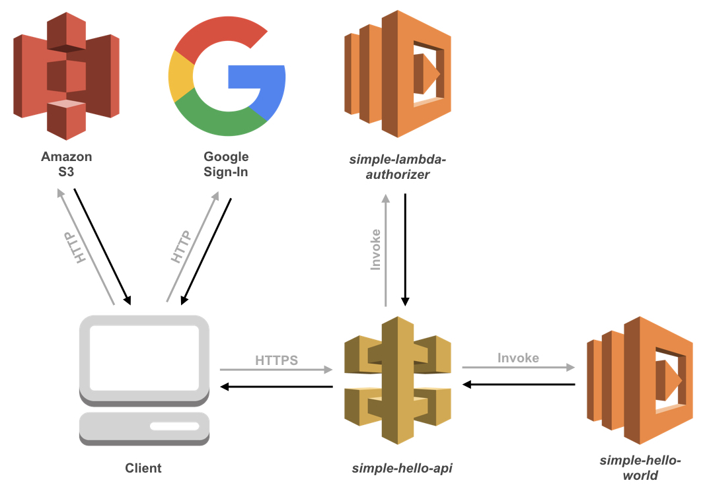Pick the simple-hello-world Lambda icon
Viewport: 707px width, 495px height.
click(640, 379)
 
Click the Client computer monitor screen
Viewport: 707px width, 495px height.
click(144, 357)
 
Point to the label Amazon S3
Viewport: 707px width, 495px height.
click(66, 164)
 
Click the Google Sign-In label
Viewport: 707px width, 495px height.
click(226, 164)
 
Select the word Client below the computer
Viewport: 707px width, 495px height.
click(143, 468)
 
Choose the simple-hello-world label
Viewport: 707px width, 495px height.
click(640, 467)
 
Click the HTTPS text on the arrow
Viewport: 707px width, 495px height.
click(276, 360)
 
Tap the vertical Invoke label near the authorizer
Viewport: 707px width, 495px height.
click(375, 250)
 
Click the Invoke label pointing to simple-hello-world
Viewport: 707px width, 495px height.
click(518, 358)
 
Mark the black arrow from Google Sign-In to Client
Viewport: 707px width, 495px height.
click(206, 251)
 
